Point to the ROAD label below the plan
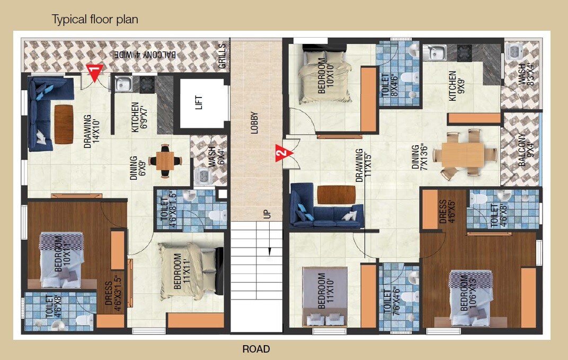pos(256,349)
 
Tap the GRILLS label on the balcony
pos(221,56)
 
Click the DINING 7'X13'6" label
pos(420,157)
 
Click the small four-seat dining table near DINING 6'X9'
pos(165,160)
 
